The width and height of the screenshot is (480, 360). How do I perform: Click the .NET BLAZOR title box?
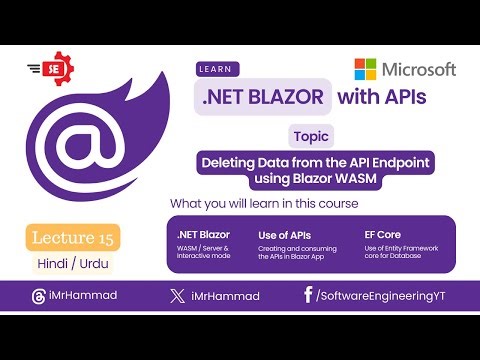[x=261, y=98]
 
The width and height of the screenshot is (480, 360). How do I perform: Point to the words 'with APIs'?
[x=382, y=97]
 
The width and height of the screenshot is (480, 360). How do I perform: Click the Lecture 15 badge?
[x=74, y=238]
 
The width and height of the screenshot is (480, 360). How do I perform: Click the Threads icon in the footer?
[x=39, y=297]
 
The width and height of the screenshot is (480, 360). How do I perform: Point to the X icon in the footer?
[x=176, y=297]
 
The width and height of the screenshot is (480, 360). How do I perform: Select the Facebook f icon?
[x=308, y=296]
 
